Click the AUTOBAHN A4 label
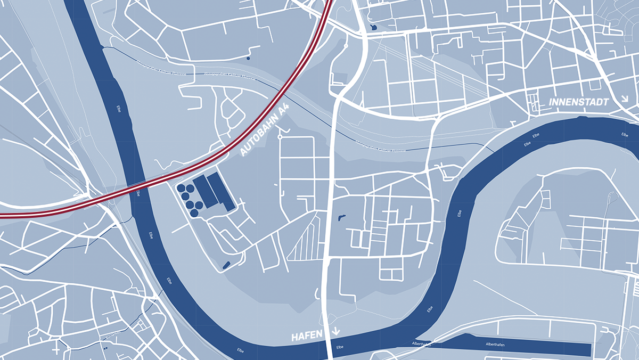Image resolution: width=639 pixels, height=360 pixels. point(265,130)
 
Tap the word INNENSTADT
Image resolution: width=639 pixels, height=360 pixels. point(578,101)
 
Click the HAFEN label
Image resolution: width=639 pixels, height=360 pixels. point(307,336)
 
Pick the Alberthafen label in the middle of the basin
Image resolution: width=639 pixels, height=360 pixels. point(495,346)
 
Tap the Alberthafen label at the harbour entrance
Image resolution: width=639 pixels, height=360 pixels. point(421,344)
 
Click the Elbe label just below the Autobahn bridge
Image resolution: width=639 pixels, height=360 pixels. point(138,192)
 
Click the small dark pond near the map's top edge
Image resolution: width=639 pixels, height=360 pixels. point(372,27)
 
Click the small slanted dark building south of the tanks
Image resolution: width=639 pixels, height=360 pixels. point(226,264)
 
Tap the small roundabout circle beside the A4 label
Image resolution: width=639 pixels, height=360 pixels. point(280,137)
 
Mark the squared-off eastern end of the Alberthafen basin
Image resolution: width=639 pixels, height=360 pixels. point(588,349)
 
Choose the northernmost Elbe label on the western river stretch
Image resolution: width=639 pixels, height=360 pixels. point(118,107)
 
